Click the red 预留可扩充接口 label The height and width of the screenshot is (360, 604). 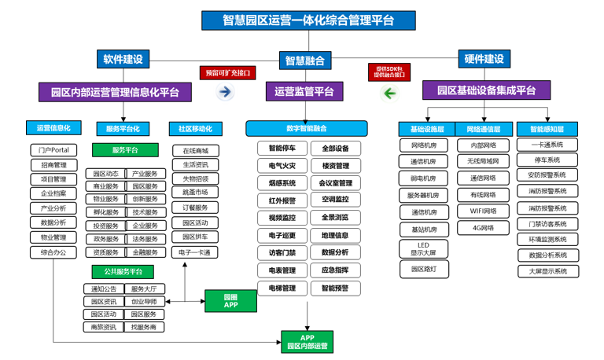227,72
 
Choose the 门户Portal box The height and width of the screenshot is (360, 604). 53,150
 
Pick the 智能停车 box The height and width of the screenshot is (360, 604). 282,148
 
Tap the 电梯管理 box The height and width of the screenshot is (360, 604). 282,288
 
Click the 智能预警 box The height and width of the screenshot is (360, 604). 335,288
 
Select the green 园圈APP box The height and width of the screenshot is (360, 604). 230,301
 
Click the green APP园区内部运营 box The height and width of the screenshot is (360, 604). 308,341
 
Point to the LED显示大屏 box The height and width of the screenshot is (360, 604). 423,249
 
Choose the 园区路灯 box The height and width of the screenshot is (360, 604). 423,270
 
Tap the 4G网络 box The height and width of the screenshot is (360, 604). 484,228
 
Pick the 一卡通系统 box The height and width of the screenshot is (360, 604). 547,145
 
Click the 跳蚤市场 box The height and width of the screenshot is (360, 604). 195,192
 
